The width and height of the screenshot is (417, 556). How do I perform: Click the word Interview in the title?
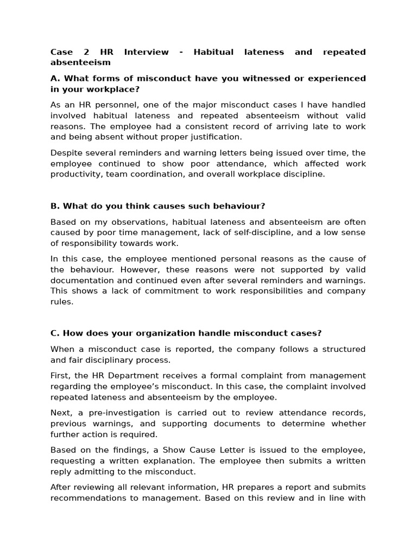(x=146, y=52)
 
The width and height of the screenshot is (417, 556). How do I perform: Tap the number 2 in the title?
(x=86, y=52)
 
